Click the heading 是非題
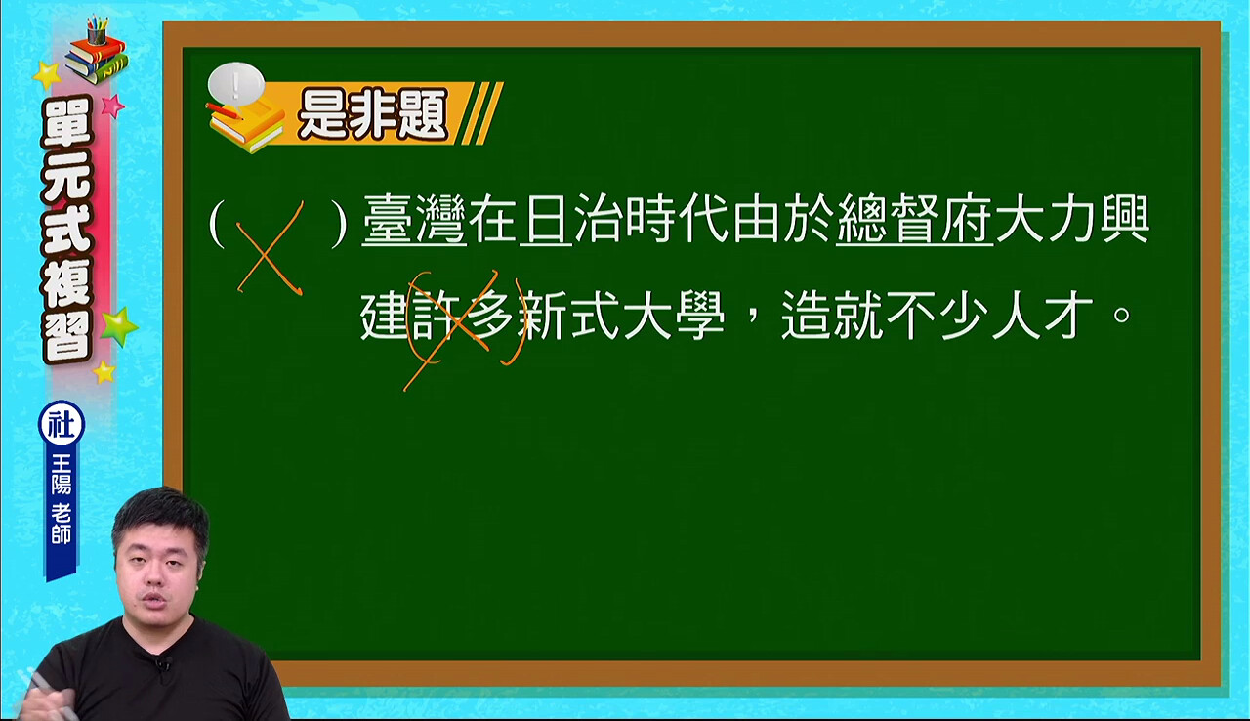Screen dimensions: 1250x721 point(373,115)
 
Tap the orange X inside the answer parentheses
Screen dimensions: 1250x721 point(270,248)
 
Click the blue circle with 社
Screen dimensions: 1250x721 point(62,424)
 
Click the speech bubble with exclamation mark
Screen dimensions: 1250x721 point(236,85)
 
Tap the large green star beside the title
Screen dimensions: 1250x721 point(118,326)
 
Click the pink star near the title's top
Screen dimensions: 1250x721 point(112,106)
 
